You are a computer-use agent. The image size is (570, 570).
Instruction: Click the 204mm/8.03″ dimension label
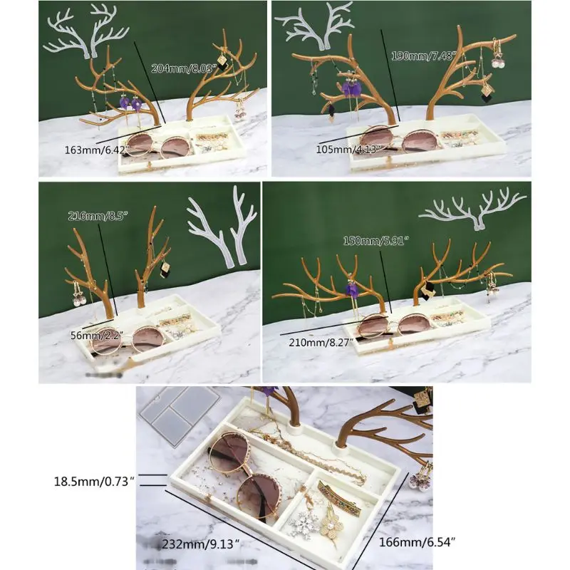[x=182, y=68]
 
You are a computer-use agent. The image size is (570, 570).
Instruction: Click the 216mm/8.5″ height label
[x=93, y=216]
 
